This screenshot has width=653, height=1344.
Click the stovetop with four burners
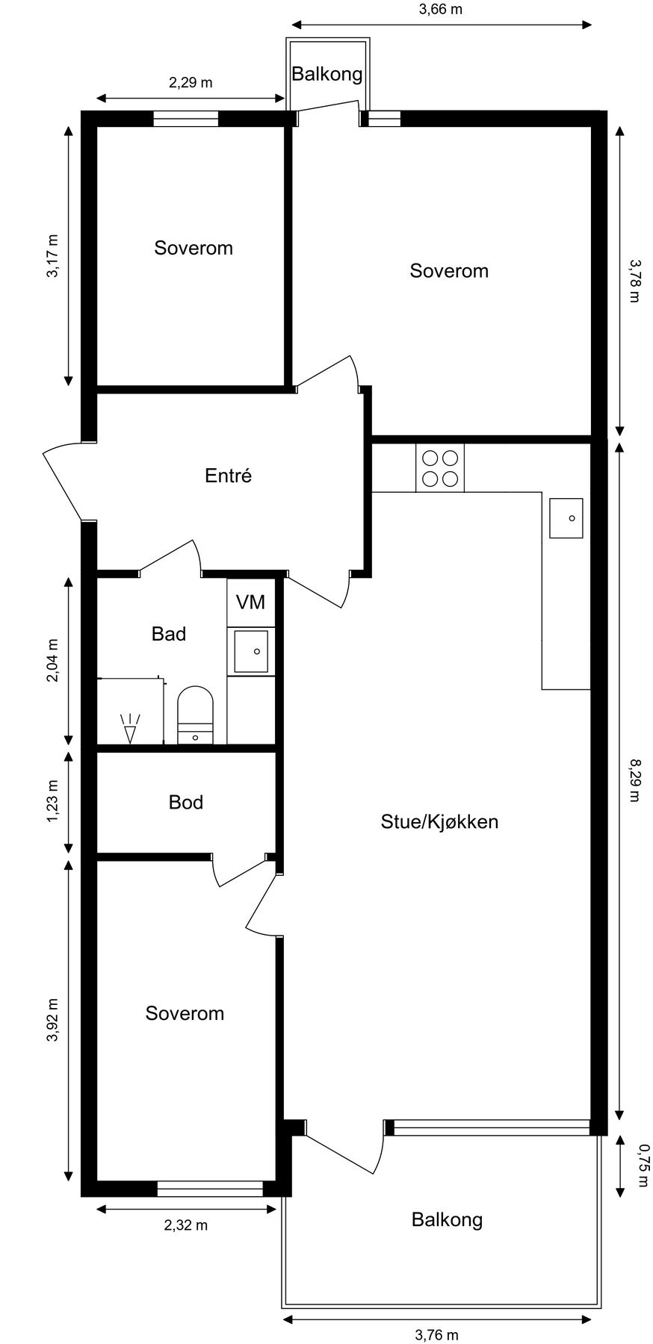click(x=440, y=467)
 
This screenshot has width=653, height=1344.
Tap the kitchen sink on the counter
click(x=566, y=517)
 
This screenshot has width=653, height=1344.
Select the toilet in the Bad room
click(x=195, y=715)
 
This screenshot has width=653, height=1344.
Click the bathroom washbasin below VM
click(x=251, y=651)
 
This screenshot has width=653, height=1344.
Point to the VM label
click(x=250, y=602)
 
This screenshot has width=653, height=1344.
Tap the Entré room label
click(x=228, y=476)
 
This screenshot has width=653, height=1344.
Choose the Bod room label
click(x=186, y=802)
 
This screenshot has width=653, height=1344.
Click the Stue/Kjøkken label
click(x=439, y=822)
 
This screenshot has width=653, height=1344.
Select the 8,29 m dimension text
click(x=634, y=780)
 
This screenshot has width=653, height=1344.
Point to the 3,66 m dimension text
click(x=439, y=10)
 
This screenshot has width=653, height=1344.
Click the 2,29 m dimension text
click(x=191, y=83)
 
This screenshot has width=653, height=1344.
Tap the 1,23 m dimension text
click(x=52, y=802)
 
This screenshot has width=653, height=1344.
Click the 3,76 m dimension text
click(x=436, y=1334)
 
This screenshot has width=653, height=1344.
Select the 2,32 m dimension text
click(x=185, y=1225)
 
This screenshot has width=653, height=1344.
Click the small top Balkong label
click(x=326, y=74)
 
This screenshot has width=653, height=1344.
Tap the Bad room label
click(x=169, y=634)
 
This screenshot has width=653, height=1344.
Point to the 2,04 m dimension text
click(x=52, y=660)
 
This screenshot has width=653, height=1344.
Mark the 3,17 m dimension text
click(x=52, y=256)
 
